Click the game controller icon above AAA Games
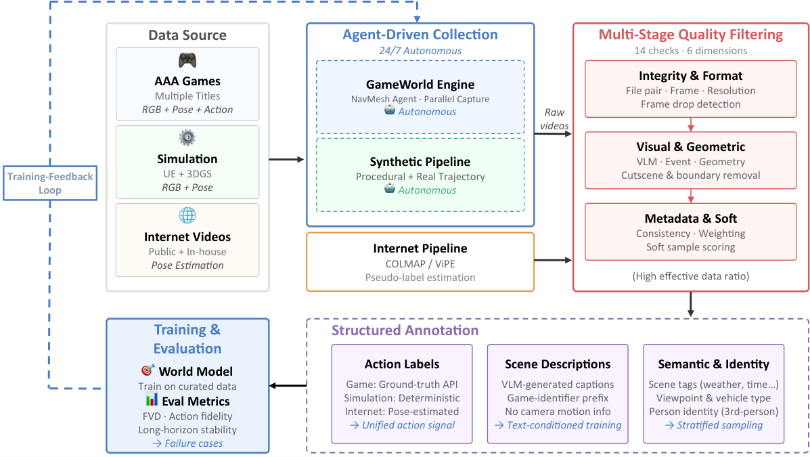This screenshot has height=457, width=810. coord(187,60)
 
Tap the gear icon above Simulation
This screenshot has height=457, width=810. coord(187,137)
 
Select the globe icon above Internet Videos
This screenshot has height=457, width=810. coord(187,215)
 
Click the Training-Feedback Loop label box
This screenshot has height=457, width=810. coord(50,183)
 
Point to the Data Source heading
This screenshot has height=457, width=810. coord(187,35)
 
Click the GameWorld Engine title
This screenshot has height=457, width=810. coord(420,84)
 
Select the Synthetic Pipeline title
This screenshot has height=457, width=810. coord(420,162)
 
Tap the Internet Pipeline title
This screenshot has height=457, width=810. coord(420,248)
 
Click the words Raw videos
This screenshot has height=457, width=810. coord(554,119)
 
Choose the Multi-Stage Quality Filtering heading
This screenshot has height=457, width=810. coord(691,35)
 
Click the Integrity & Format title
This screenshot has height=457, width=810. coord(691,76)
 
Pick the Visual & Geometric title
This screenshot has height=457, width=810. coord(691,147)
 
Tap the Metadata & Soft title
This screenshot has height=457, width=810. coord(691,219)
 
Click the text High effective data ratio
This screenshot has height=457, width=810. coord(691,276)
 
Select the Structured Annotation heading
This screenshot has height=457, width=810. coord(405,330)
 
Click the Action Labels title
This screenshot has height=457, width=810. coord(402,364)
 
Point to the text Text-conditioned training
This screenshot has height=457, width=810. coord(564,425)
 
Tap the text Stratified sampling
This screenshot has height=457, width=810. coord(719,425)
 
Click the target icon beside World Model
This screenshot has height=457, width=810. coord(148,370)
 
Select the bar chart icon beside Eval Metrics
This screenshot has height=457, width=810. coord(152,399)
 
